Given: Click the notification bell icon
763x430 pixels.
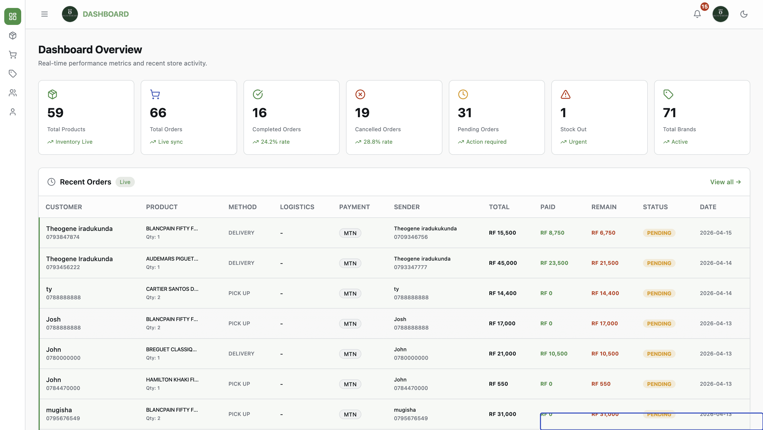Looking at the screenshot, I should coord(697,14).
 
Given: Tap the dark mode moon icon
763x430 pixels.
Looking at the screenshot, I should coord(743,14).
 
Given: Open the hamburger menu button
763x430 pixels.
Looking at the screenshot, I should coord(45,14).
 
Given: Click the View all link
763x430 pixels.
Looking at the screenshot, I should coord(725,182).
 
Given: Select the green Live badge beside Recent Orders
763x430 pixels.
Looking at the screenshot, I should coord(125,182).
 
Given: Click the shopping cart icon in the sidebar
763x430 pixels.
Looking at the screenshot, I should coord(12,55).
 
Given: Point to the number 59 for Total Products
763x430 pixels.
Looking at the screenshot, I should coord(55,113).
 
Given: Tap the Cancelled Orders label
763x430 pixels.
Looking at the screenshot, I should coord(378,129).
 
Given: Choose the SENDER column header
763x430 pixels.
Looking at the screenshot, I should coord(406,207).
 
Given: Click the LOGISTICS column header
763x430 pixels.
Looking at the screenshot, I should coord(297,207).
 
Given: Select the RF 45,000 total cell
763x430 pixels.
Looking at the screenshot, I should coord(503,263).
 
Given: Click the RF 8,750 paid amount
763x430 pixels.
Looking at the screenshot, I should coord(552,233).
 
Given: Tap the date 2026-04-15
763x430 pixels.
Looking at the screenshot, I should coord(715,233).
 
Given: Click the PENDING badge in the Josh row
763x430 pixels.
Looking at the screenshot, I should coord(659,324).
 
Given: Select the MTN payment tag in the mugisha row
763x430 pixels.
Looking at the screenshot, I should coord(350,414).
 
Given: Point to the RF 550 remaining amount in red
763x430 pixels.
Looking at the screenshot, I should coord(601,384).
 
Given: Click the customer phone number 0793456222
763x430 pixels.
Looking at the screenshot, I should coord(63,267).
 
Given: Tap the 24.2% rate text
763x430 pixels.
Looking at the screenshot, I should coord(275,142).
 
